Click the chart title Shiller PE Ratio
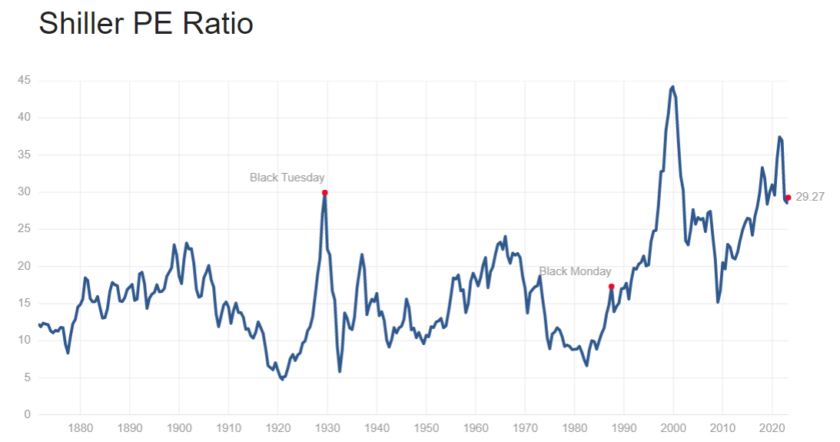[x=146, y=24]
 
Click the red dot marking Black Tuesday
[x=325, y=192]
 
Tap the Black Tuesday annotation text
[x=287, y=178]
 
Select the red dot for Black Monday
[x=611, y=287]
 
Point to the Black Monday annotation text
[x=575, y=271]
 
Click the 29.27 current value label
[x=810, y=197]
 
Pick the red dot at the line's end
[x=788, y=198]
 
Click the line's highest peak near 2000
[x=673, y=87]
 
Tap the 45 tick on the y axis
[x=25, y=80]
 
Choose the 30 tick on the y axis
[x=25, y=192]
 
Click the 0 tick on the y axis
[x=27, y=415]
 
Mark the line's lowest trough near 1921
[x=282, y=379]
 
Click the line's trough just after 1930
[x=340, y=371]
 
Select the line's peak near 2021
[x=779, y=137]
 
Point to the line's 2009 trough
[x=718, y=302]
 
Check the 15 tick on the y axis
[x=25, y=304]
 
